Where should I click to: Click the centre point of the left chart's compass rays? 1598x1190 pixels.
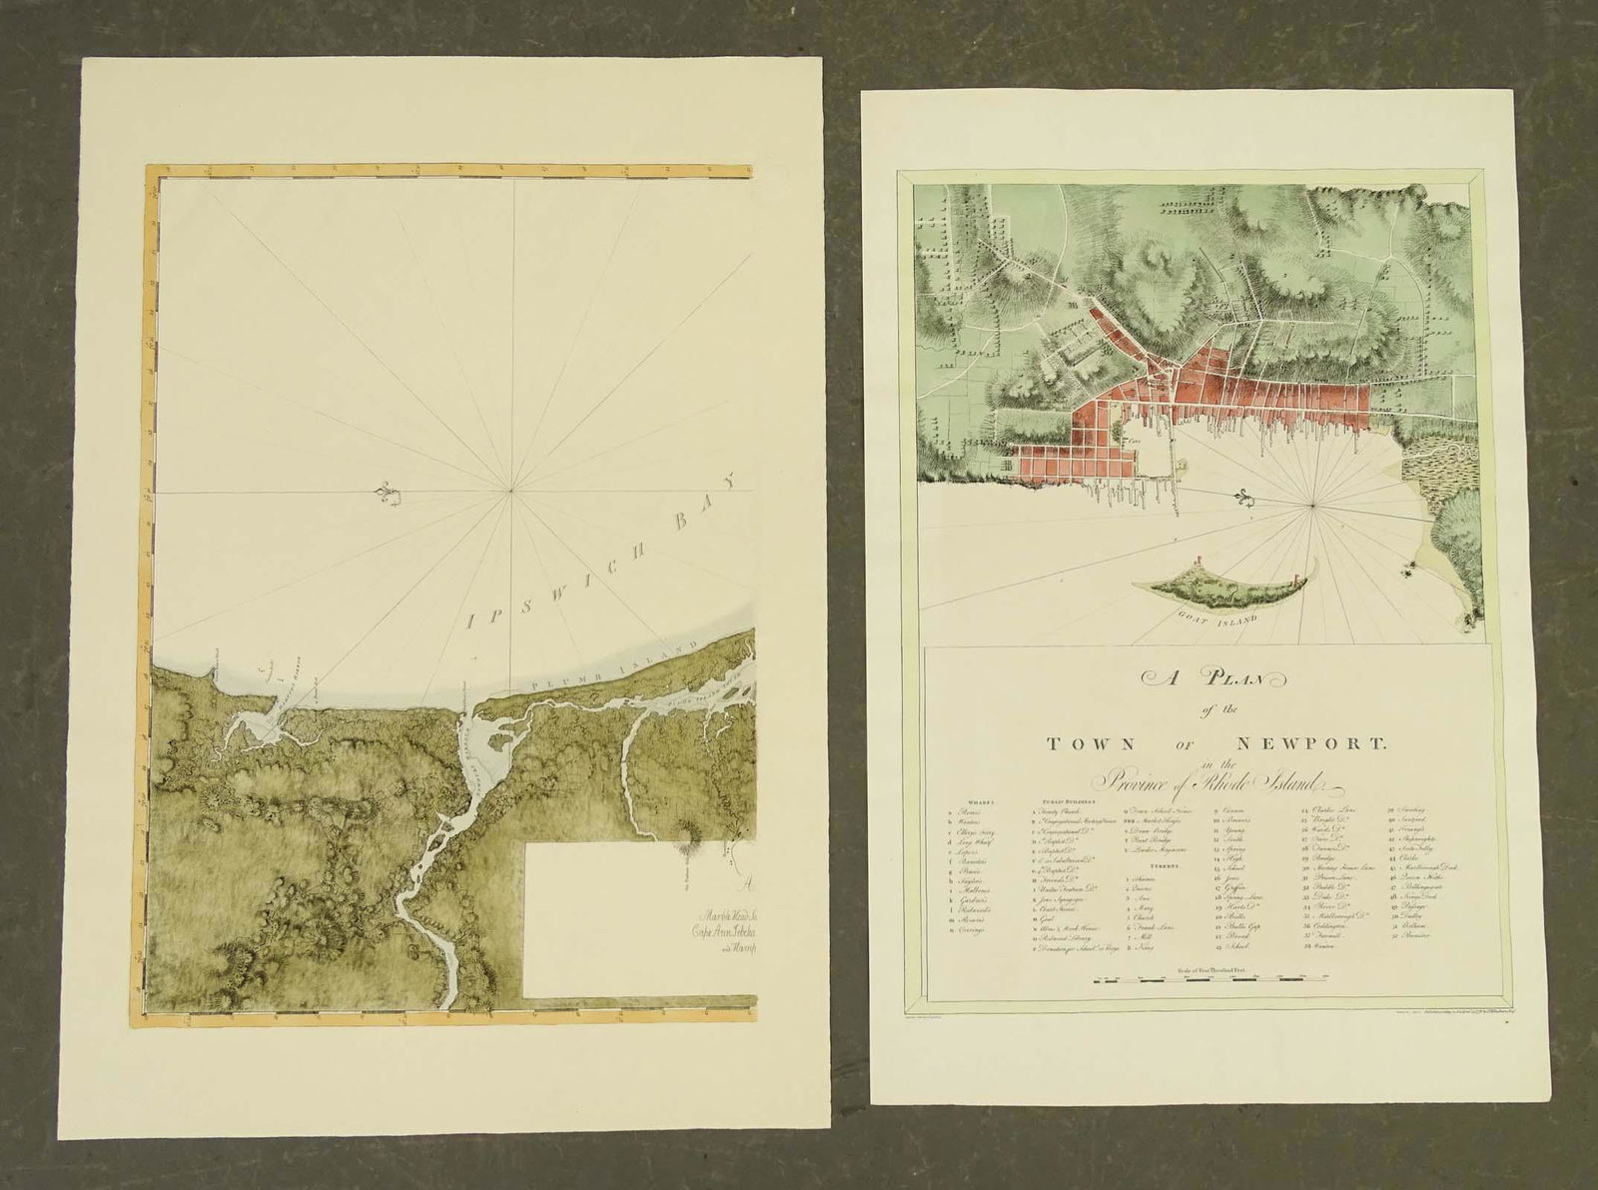[x=511, y=490]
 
